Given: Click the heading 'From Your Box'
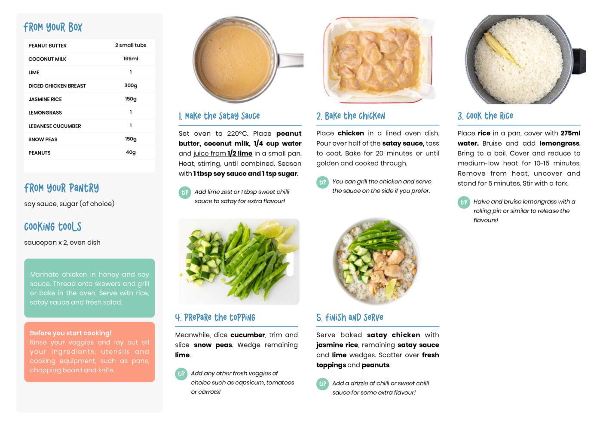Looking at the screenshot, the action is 53,27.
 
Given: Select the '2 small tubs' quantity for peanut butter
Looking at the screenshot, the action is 131,45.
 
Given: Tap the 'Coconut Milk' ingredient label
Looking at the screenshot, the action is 47,59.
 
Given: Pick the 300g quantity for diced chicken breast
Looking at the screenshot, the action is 131,85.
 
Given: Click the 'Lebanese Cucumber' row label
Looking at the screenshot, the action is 55,126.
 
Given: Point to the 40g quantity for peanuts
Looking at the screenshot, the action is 131,152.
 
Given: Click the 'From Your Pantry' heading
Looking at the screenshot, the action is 61,188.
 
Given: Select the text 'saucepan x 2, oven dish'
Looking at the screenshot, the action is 62,242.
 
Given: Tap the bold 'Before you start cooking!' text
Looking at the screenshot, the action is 70,333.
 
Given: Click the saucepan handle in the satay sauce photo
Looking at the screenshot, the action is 291,60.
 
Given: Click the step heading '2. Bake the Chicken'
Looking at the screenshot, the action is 350,116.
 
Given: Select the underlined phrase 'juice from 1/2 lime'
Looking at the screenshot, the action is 223,154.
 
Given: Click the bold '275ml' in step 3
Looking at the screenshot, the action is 570,133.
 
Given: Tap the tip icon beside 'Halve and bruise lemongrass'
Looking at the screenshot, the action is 464,202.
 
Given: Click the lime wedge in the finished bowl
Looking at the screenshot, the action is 392,289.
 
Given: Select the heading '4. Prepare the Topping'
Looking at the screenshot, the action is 215,317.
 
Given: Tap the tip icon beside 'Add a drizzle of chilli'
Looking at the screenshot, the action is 322,384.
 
